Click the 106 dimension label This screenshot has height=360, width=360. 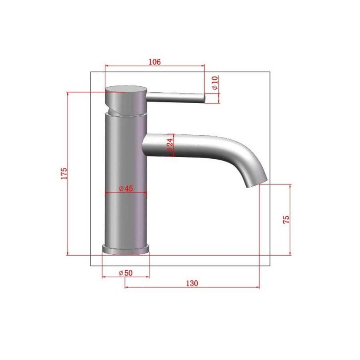pos(154,62)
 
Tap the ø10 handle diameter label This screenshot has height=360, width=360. pos(215,82)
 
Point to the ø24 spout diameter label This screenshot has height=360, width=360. pos(170,145)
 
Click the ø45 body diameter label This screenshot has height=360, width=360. pos(126,188)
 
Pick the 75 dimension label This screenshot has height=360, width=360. pos(286,219)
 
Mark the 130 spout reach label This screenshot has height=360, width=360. pos(192,283)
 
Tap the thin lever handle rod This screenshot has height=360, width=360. pos(176,97)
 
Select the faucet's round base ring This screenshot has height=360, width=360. pos(126,249)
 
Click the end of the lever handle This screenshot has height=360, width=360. pos(203,98)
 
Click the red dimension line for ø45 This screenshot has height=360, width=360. pos(126,193)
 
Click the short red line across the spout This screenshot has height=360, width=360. pos(173,145)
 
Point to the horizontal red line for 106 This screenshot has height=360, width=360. pos(154,66)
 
